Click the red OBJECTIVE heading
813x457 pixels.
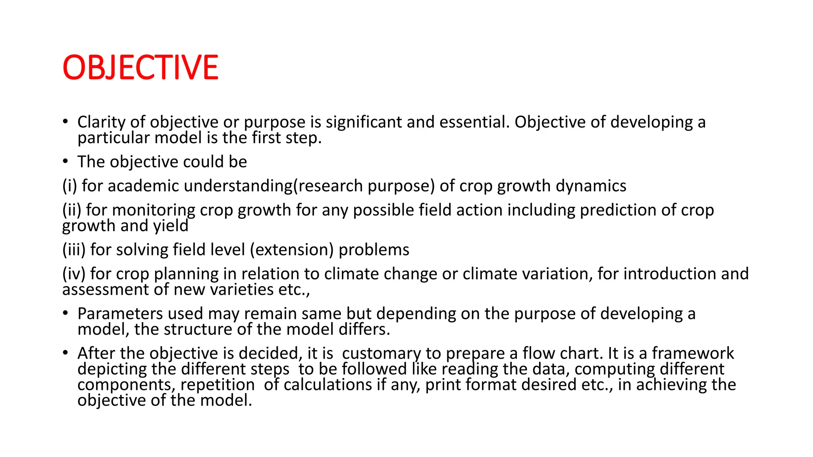pyautogui.click(x=140, y=67)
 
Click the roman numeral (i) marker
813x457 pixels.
pyautogui.click(x=69, y=186)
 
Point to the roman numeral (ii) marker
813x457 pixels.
pyautogui.click(x=71, y=210)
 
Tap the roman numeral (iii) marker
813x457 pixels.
pyautogui.click(x=74, y=250)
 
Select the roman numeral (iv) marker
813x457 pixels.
pyautogui.click(x=74, y=274)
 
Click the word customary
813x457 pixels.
pyautogui.click(x=381, y=353)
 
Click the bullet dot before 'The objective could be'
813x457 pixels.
pyautogui.click(x=66, y=161)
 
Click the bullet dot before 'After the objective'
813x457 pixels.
pyautogui.click(x=66, y=352)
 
